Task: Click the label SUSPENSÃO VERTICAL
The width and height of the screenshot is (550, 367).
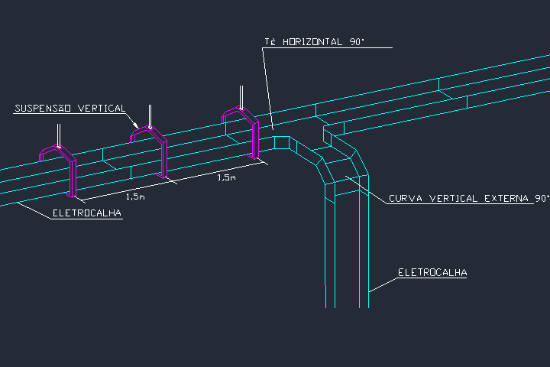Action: click(70, 109)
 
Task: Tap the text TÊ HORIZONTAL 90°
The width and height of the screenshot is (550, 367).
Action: click(314, 42)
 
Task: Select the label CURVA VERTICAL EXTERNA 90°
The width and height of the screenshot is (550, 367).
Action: click(468, 199)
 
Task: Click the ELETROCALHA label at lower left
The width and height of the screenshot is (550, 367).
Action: click(87, 213)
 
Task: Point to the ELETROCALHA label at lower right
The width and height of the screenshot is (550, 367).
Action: click(432, 272)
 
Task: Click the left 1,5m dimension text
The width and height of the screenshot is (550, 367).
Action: click(136, 196)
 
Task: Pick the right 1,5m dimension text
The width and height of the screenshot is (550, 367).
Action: click(226, 177)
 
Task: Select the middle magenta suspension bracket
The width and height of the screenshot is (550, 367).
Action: click(163, 157)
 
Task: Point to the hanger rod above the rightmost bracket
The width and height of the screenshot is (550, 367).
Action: click(241, 96)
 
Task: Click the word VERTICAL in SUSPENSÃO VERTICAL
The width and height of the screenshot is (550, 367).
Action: click(100, 109)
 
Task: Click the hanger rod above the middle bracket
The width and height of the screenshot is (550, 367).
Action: click(150, 115)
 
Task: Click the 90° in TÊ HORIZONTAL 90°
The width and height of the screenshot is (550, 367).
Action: click(357, 42)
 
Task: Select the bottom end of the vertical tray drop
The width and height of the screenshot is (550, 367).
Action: click(347, 306)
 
